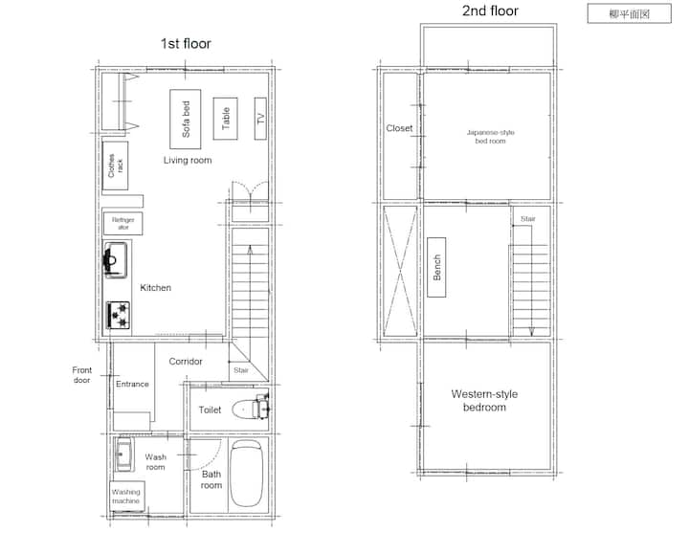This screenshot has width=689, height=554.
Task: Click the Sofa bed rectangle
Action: click(186, 119)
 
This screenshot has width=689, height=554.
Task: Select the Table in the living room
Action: click(226, 119)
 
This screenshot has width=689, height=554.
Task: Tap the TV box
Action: click(260, 119)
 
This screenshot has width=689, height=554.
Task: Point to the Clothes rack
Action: click(115, 166)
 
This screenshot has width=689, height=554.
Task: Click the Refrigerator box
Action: click(123, 223)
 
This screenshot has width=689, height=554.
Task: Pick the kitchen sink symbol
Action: click(116, 260)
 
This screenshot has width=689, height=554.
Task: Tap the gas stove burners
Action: click(119, 315)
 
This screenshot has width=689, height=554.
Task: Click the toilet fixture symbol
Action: click(250, 408)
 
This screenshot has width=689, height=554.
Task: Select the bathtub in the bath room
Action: click(247, 474)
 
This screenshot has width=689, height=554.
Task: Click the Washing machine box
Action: click(127, 497)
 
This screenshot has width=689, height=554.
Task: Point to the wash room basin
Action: click(123, 454)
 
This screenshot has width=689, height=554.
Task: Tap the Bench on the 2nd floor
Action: click(436, 267)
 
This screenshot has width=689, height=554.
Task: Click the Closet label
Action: click(399, 128)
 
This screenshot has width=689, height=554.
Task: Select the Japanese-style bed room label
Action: click(490, 137)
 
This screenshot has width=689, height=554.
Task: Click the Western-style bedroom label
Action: click(484, 400)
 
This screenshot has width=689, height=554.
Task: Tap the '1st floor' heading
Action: click(186, 43)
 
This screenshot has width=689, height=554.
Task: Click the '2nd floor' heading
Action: click(490, 11)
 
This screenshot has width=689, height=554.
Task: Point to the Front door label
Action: click(81, 375)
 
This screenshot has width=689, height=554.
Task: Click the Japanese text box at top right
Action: click(630, 13)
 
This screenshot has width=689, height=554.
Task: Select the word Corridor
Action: click(186, 361)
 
